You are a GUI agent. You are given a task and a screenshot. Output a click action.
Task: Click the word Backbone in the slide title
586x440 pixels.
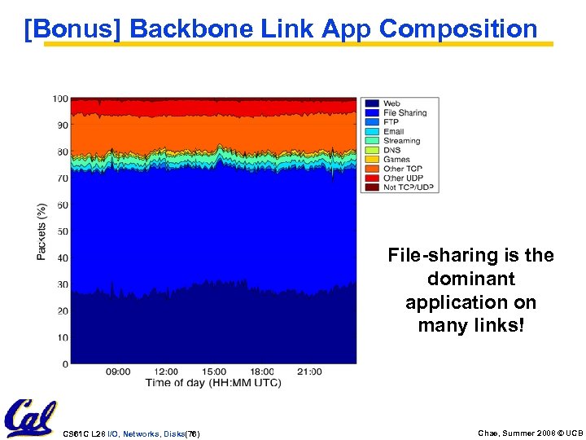[191, 29]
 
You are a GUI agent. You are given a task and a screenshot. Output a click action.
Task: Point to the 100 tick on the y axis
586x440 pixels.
[60, 99]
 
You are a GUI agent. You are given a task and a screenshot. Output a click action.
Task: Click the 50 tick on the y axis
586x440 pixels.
[63, 231]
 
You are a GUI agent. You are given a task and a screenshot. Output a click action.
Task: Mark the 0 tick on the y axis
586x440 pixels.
[65, 363]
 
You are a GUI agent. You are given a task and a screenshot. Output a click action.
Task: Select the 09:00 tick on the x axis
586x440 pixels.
[118, 372]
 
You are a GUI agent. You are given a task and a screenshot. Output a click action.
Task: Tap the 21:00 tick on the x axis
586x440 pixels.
[309, 372]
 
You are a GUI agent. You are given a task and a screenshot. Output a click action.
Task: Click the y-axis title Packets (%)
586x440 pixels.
[42, 232]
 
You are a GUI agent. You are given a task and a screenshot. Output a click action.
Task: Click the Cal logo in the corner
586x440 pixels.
[29, 418]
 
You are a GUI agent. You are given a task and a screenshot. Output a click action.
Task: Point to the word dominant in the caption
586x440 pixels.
[470, 279]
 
